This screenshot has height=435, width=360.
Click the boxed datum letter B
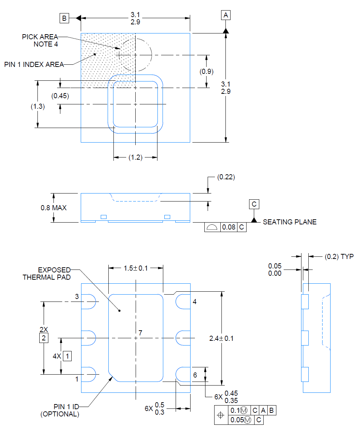[x=64, y=18]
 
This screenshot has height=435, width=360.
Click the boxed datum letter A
[x=226, y=15]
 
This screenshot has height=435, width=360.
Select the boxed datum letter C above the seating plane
[x=254, y=204]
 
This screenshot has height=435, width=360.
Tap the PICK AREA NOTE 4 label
[x=40, y=40]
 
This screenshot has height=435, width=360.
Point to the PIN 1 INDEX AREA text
[x=34, y=65]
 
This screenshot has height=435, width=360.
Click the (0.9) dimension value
[x=207, y=72]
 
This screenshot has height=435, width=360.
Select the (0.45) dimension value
[x=60, y=96]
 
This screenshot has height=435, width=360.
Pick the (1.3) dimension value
[x=38, y=107]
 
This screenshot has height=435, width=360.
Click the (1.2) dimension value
[x=135, y=157]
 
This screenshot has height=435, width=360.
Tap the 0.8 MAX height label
[x=53, y=208]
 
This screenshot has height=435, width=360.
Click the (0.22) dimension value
[x=226, y=177]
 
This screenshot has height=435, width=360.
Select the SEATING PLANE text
[x=290, y=222]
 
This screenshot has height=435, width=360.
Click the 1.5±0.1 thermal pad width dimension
[x=136, y=268]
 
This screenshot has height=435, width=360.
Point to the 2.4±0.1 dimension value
[x=221, y=339]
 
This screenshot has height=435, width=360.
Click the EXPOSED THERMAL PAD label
[x=47, y=274]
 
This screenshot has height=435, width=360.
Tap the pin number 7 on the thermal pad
[x=141, y=333]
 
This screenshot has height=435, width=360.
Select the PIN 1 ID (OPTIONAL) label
[x=60, y=410]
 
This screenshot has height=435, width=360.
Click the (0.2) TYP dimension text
[x=339, y=257]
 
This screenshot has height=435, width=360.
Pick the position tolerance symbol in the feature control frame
[x=221, y=415]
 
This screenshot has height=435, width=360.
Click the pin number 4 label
[x=195, y=302]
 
